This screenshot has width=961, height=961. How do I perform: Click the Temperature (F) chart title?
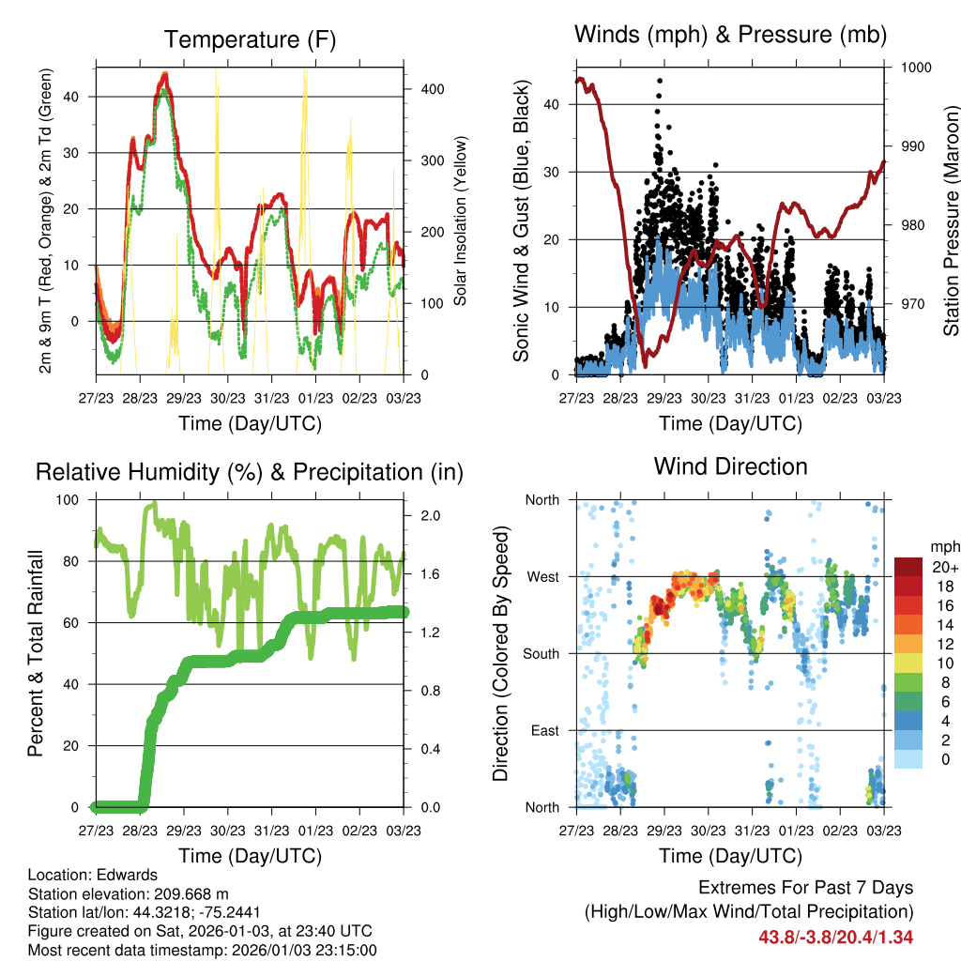tap(249, 39)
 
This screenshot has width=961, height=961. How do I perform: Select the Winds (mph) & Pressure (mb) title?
tap(730, 35)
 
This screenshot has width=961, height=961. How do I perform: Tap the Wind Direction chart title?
tap(730, 465)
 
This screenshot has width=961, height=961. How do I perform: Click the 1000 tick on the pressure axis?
tap(915, 68)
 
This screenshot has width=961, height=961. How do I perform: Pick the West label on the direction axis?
tap(542, 576)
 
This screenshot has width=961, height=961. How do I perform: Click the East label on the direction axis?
tap(544, 730)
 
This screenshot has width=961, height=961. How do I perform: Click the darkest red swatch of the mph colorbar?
tap(908, 567)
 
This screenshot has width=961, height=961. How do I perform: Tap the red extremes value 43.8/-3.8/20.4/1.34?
tap(835, 937)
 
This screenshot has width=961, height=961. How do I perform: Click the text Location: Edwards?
tap(93, 875)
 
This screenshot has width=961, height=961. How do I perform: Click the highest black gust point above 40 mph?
tap(660, 82)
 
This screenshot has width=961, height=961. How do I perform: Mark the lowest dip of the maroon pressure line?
tap(647, 367)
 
